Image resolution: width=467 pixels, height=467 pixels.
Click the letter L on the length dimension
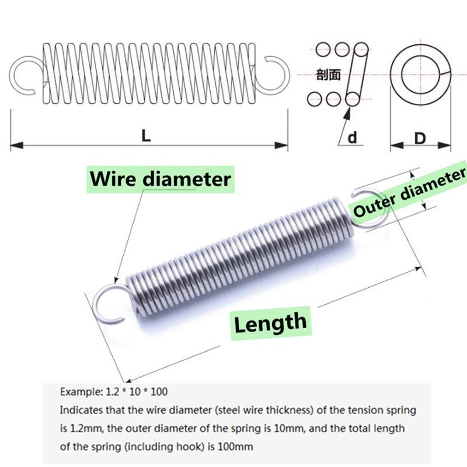[x=146, y=135]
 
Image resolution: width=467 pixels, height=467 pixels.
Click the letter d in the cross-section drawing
[x=352, y=137]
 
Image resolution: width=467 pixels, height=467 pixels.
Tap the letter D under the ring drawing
[x=420, y=138]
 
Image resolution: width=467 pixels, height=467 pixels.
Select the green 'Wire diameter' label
[x=161, y=178]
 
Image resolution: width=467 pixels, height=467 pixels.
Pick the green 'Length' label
[x=270, y=322]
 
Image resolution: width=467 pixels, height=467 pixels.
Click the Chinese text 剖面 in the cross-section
[x=327, y=74]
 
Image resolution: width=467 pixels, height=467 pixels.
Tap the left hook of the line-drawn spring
[x=25, y=74]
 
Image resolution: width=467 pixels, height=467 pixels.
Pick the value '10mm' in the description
[x=273, y=428]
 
